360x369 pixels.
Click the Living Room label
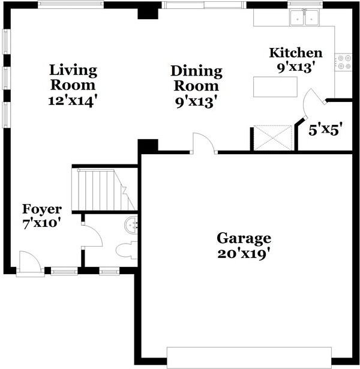click(x=73, y=77)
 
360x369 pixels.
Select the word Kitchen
click(x=295, y=53)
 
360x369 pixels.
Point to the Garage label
click(x=244, y=238)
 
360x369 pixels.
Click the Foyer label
click(x=42, y=209)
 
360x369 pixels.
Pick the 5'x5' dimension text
click(x=325, y=128)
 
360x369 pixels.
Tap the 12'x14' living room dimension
click(x=73, y=100)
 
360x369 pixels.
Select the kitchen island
click(x=275, y=86)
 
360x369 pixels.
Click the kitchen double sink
click(x=304, y=18)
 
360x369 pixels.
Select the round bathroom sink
click(x=131, y=226)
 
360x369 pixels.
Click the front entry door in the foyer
click(x=30, y=263)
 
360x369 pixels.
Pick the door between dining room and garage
click(x=203, y=144)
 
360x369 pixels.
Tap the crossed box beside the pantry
click(x=273, y=137)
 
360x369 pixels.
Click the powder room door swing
click(x=92, y=235)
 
